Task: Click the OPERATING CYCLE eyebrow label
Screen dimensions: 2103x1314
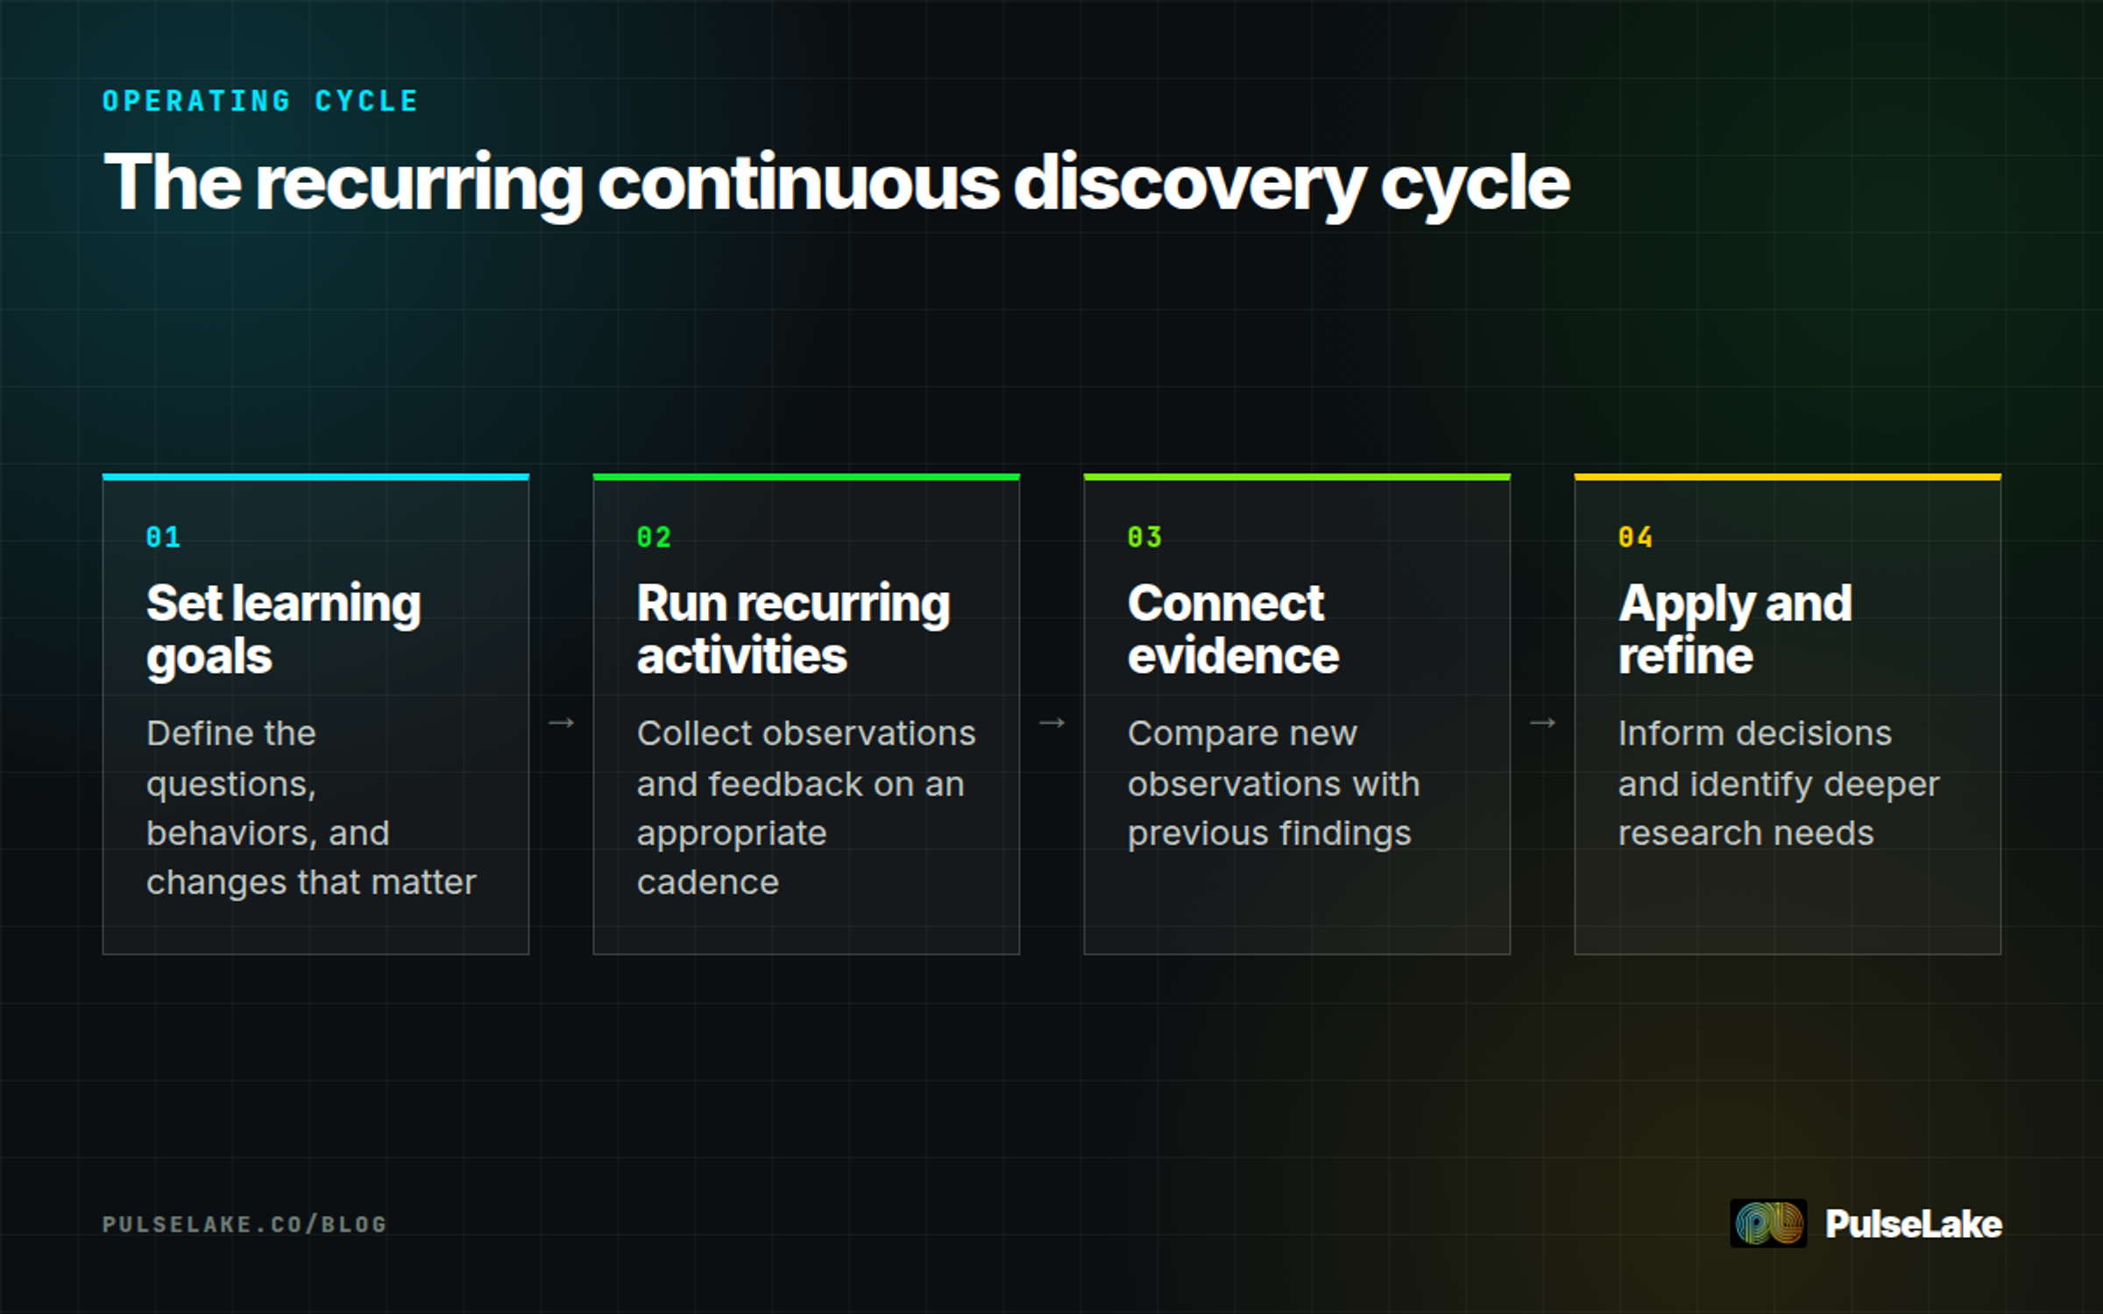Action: pyautogui.click(x=260, y=102)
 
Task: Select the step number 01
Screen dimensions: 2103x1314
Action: pyautogui.click(x=163, y=537)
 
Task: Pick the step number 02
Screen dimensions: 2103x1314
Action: pyautogui.click(x=654, y=537)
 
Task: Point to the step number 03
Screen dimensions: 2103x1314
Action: pyautogui.click(x=1144, y=537)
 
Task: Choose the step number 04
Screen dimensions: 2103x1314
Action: pyautogui.click(x=1635, y=537)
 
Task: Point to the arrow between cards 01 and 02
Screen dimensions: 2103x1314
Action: pyautogui.click(x=561, y=723)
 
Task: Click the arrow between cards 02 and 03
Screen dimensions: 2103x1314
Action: pyautogui.click(x=1051, y=723)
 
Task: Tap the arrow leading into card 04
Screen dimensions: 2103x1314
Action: pyautogui.click(x=1542, y=723)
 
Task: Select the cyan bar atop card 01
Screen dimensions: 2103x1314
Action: pyautogui.click(x=315, y=477)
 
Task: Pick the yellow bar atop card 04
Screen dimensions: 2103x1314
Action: pyautogui.click(x=1788, y=477)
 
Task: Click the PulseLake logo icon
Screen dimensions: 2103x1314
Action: pyautogui.click(x=1768, y=1223)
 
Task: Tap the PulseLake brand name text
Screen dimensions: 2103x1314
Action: pyautogui.click(x=1914, y=1224)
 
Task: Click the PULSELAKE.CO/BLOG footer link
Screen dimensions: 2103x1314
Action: pyautogui.click(x=244, y=1224)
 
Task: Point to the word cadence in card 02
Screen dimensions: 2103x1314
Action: pyautogui.click(x=708, y=882)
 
